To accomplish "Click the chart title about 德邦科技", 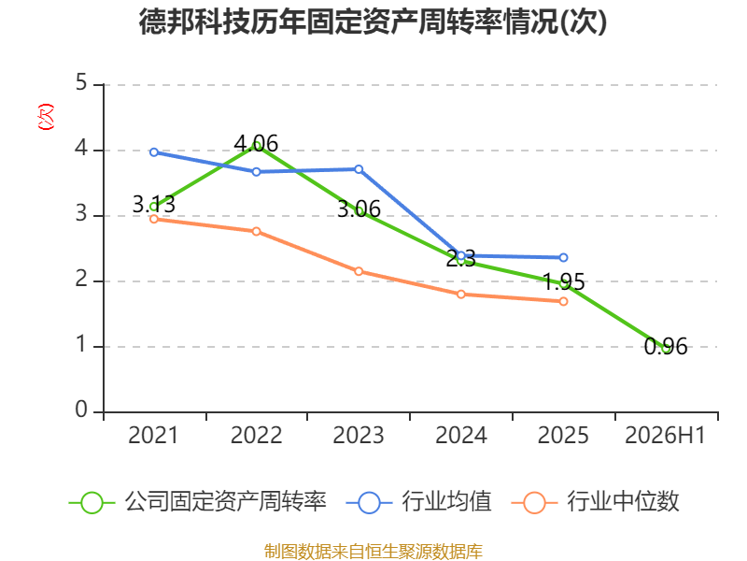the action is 373,22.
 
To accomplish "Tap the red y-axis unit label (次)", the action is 46,117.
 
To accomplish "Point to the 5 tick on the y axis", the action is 81,83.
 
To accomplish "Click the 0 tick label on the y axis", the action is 81,410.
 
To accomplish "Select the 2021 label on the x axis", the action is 153,436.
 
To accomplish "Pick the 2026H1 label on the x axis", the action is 665,436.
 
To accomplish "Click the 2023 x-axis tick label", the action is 359,436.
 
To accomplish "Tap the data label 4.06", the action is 256,143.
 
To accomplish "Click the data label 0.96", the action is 666,347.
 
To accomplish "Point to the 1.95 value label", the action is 564,281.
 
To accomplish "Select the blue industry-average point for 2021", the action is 154,152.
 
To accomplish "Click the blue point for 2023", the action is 359,169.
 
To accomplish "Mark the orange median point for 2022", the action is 256,231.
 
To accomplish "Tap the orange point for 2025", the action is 564,301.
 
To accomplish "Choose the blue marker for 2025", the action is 564,258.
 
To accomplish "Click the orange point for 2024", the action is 461,295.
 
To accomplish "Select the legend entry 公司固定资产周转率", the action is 198,502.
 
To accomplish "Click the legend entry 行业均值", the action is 418,502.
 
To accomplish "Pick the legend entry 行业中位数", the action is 595,502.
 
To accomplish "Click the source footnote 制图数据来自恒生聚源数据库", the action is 373,552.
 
